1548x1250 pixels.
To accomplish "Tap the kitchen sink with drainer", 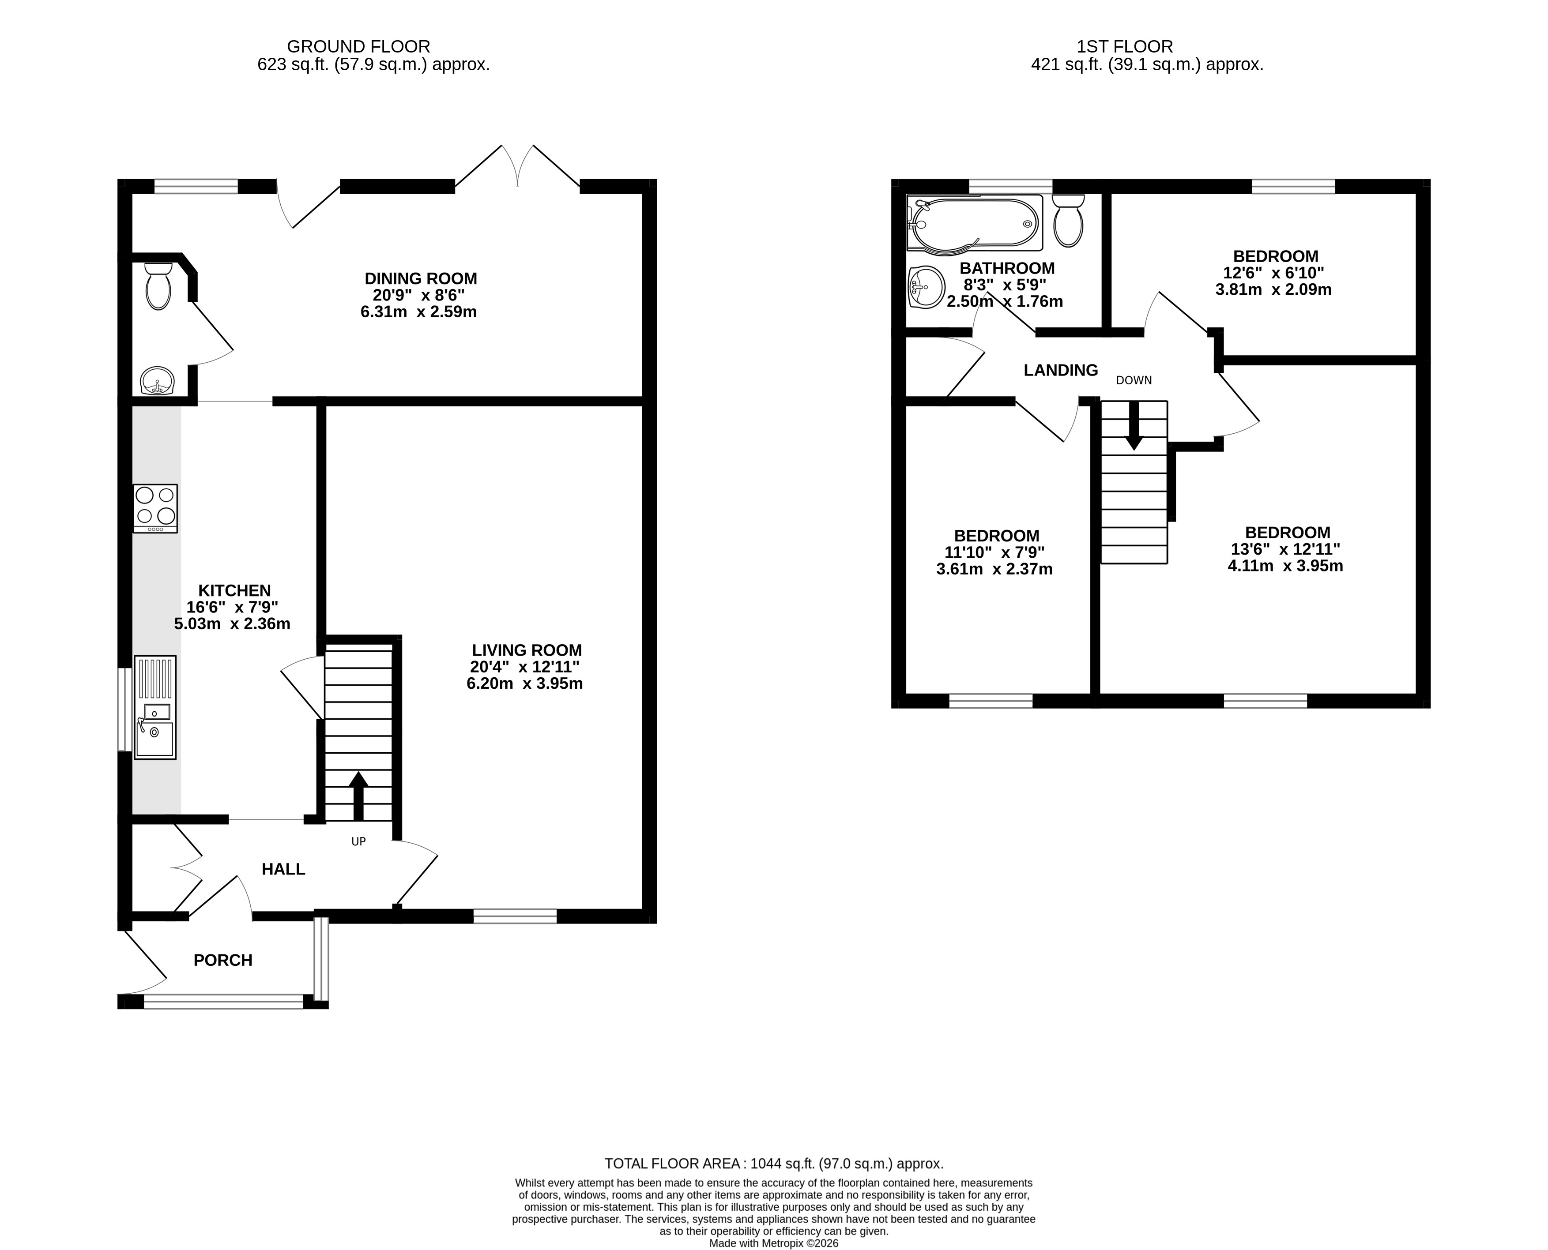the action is coord(155,707).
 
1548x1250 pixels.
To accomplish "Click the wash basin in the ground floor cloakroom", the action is coord(157,381).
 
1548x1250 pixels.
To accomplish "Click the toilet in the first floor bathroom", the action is coord(1068,220).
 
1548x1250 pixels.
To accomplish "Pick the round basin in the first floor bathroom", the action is coord(927,287).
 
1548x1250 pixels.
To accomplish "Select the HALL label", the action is coord(283,869).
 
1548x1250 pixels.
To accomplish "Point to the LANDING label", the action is coord(1060,370).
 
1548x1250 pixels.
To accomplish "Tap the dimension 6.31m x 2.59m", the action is coord(418,312).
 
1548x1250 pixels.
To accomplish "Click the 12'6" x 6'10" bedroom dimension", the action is coord(1273,273).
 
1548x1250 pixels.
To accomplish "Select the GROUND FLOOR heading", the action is coord(359,47).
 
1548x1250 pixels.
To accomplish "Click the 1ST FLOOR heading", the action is coord(1124,47).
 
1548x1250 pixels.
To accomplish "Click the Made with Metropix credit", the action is coord(774,1243).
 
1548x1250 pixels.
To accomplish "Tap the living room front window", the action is coord(515,916).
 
